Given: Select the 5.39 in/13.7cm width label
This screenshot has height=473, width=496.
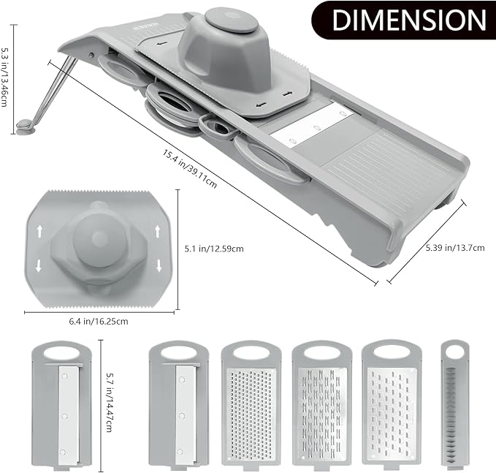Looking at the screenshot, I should [x=454, y=248].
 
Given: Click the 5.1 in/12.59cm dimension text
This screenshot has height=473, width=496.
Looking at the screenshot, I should [x=213, y=249].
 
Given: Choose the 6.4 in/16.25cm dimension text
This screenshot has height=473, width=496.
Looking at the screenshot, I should [x=99, y=321].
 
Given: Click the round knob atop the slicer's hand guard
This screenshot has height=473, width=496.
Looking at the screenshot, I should [x=231, y=20].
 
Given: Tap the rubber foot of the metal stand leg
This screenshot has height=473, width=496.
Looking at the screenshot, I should [x=27, y=127].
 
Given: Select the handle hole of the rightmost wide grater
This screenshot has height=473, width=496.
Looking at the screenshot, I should [x=391, y=352].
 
